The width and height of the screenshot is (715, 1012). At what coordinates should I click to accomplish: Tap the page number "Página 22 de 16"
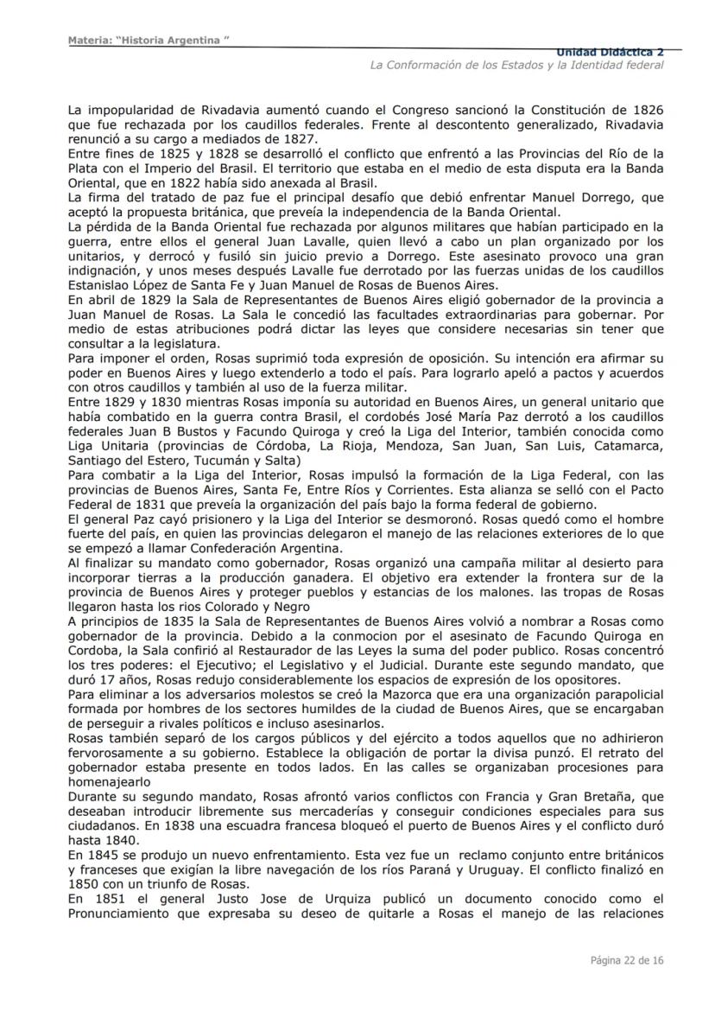click(x=627, y=959)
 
